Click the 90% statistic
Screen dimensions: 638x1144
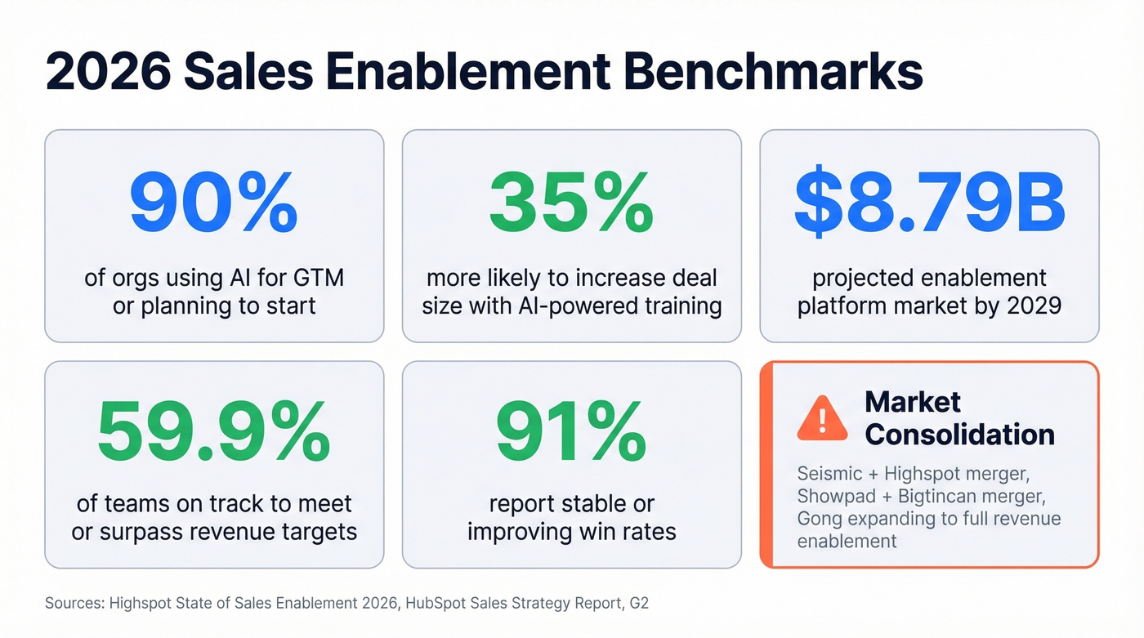213,204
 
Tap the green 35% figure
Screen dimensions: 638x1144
571,204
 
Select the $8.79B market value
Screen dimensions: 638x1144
929,204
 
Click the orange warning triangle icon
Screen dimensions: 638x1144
822,417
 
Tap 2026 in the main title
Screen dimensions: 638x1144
108,71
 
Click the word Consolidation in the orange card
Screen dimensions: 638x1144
959,434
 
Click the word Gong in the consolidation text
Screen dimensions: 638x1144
818,520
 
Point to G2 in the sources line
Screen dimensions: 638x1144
639,604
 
